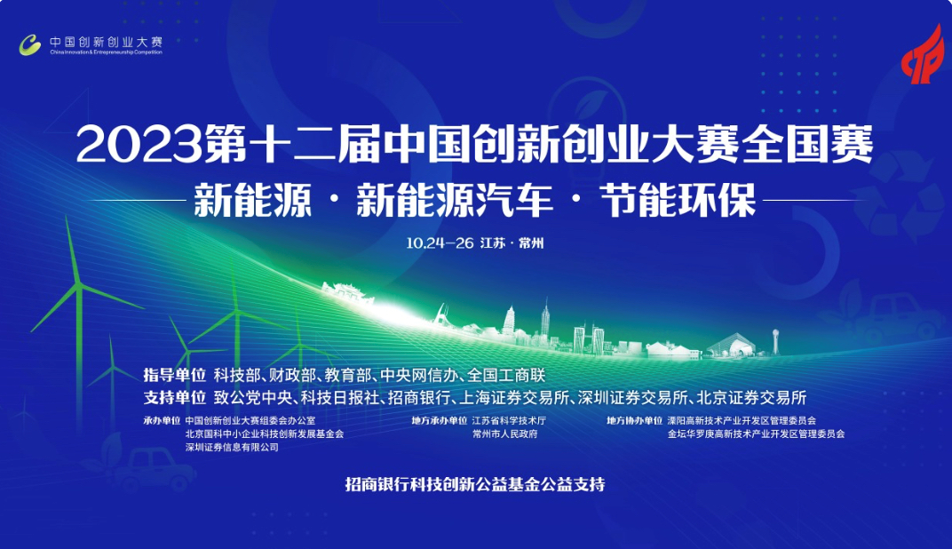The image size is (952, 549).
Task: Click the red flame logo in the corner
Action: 924,55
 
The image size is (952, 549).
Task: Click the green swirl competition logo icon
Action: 30,45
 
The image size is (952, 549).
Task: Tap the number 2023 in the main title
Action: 139,145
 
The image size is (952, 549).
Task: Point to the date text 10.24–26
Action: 440,243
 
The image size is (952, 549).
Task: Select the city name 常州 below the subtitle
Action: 531,243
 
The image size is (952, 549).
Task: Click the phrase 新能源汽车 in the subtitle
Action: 455,201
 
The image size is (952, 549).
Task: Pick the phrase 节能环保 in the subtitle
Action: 678,201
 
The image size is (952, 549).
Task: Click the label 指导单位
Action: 175,375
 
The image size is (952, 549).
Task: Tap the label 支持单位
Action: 175,398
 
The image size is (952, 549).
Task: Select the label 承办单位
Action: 163,420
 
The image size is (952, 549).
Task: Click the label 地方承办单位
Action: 440,420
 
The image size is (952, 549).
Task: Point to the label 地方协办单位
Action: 634,420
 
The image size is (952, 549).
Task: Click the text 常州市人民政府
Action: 505,434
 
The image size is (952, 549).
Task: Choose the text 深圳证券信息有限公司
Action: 232,447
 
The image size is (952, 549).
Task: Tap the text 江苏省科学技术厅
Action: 509,420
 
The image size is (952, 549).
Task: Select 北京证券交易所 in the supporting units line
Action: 751,398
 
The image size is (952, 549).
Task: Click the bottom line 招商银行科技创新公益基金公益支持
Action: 475,484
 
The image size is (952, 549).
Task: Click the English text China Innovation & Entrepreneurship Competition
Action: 107,52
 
